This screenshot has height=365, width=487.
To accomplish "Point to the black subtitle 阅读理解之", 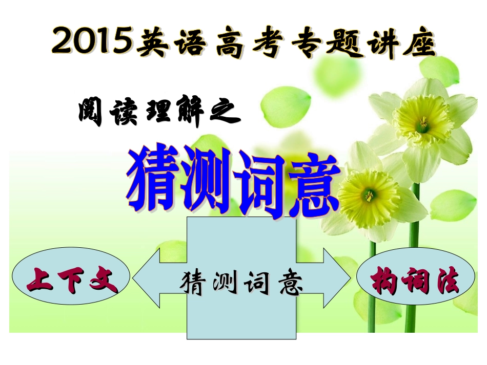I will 159,112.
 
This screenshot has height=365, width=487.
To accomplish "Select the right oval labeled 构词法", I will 415,280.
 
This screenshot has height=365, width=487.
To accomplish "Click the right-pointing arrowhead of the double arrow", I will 338,278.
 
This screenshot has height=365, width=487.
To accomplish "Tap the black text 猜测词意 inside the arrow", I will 241,282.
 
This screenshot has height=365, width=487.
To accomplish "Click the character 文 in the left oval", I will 104,278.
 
